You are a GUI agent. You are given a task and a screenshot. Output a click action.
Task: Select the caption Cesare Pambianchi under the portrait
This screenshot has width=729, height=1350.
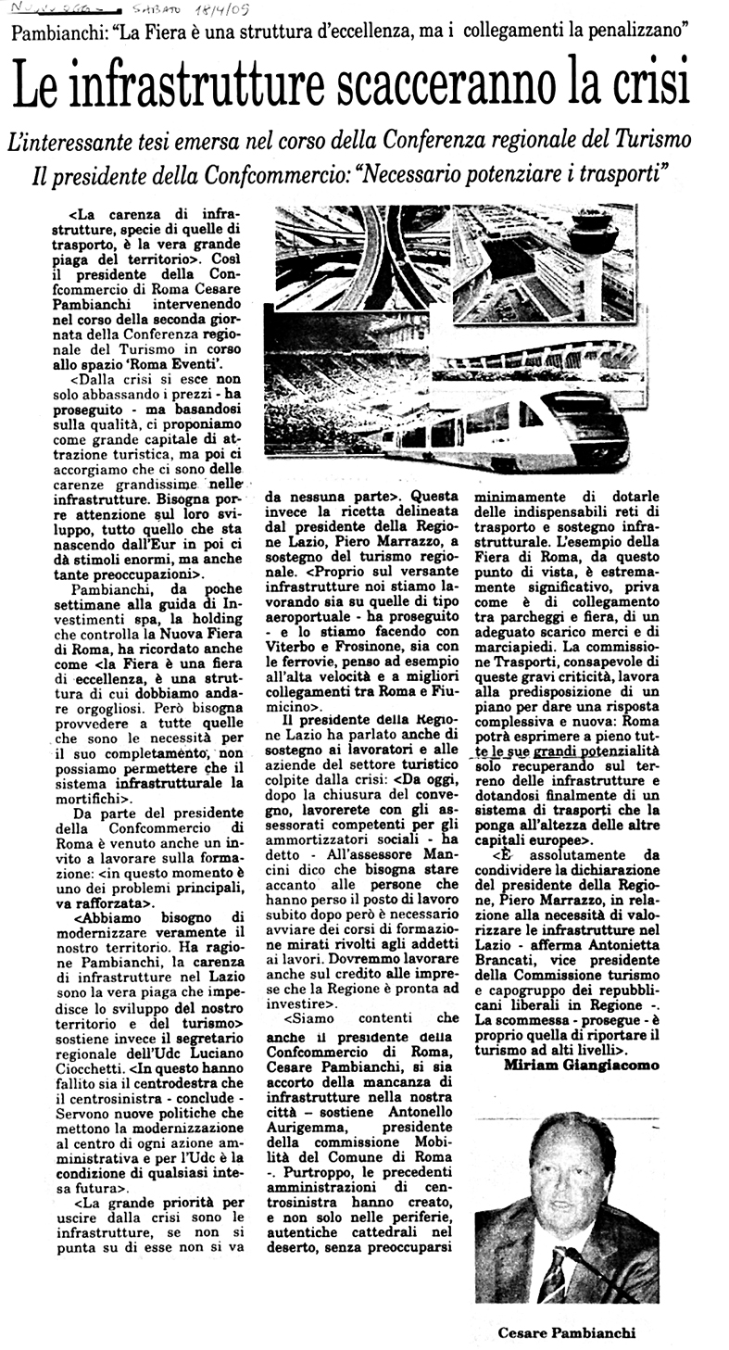coord(567,1332)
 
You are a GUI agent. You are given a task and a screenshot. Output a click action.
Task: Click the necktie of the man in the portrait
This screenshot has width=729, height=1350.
coord(553,1274)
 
